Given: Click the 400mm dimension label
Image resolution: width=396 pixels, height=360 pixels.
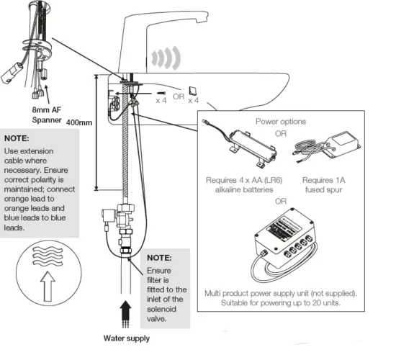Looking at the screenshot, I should pos(78,122).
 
